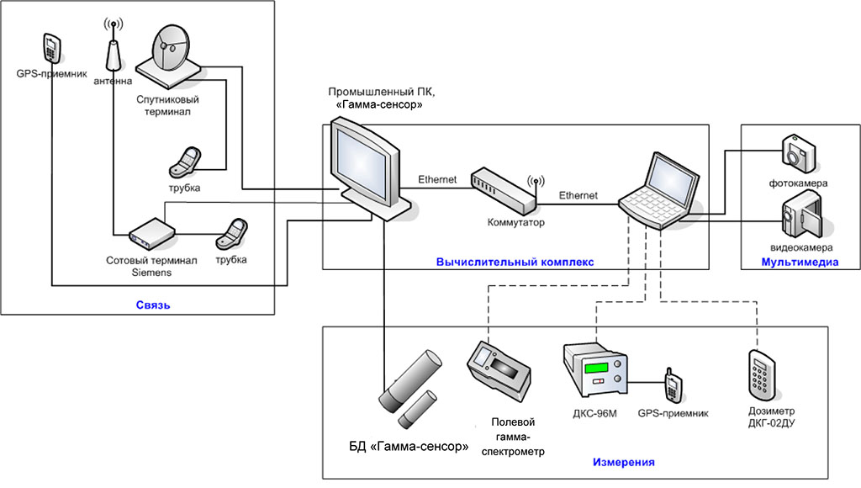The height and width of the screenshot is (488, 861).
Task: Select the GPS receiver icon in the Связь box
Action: pyautogui.click(x=51, y=49)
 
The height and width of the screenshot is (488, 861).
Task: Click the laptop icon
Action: pyautogui.click(x=659, y=190)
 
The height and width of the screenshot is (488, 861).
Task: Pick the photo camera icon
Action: pyautogui.click(x=797, y=152)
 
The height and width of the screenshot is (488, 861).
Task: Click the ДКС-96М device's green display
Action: pyautogui.click(x=597, y=369)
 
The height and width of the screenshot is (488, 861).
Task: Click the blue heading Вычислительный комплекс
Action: pyautogui.click(x=515, y=263)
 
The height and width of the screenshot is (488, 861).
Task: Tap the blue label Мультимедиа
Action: pyautogui.click(x=800, y=263)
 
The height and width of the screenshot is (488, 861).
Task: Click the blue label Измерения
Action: pyautogui.click(x=623, y=463)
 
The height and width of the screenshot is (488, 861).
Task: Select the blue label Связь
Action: pyautogui.click(x=153, y=305)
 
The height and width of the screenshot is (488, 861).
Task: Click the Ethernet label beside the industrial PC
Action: pyautogui.click(x=437, y=179)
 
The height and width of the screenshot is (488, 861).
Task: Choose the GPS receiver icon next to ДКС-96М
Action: pyautogui.click(x=673, y=385)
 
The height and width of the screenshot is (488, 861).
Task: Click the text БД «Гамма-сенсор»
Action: pyautogui.click(x=409, y=446)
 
